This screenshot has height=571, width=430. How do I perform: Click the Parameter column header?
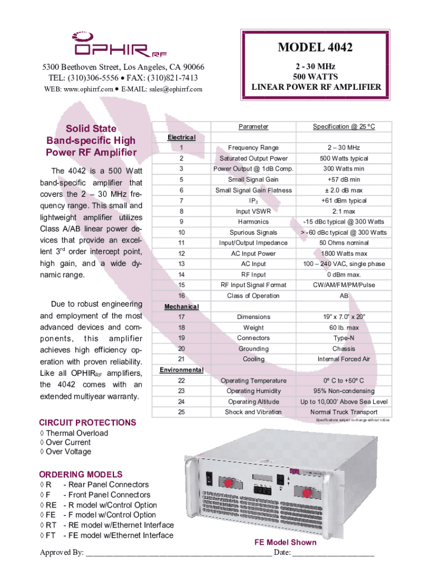tap(254, 127)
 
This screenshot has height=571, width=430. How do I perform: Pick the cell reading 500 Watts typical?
tap(344, 158)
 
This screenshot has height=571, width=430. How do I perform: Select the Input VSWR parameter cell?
tap(254, 211)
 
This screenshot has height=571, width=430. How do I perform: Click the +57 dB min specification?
tap(344, 180)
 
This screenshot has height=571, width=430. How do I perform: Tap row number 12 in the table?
tap(181, 254)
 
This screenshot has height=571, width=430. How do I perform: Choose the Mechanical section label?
tap(181, 307)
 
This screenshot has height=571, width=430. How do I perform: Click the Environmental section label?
tap(181, 370)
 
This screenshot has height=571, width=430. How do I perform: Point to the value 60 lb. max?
tap(344, 328)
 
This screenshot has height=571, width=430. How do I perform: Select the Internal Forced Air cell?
tap(344, 360)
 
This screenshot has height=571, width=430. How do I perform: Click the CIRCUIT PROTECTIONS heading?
tap(87, 423)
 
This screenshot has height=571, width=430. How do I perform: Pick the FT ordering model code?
tap(51, 535)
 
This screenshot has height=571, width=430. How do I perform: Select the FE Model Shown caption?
tap(285, 543)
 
